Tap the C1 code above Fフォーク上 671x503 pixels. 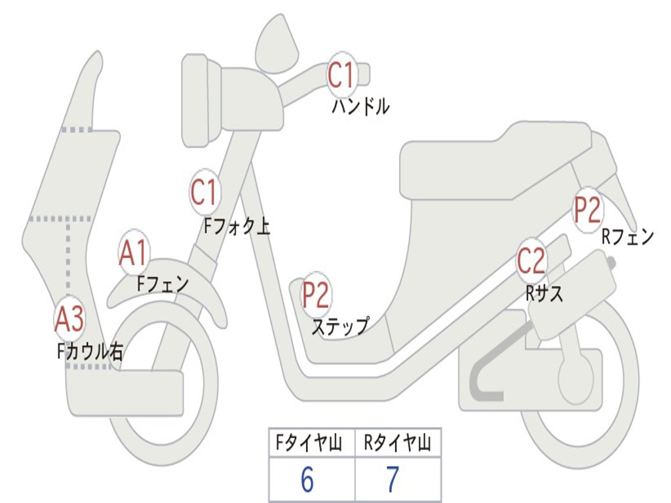pyautogui.click(x=204, y=193)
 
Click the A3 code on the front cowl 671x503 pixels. pyautogui.click(x=69, y=319)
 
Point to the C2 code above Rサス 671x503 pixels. pyautogui.click(x=531, y=261)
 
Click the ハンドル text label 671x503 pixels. pyautogui.click(x=360, y=106)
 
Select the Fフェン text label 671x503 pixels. pyautogui.click(x=163, y=284)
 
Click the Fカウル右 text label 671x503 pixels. pyautogui.click(x=90, y=352)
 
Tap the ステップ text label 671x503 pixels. pyautogui.click(x=339, y=326)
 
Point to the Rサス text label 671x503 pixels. pyautogui.click(x=545, y=293)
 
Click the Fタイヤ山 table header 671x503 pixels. pyautogui.click(x=311, y=444)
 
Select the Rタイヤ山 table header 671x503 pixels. pyautogui.click(x=398, y=444)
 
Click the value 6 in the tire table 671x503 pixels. pyautogui.click(x=307, y=481)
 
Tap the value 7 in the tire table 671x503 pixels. pyautogui.click(x=393, y=481)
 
